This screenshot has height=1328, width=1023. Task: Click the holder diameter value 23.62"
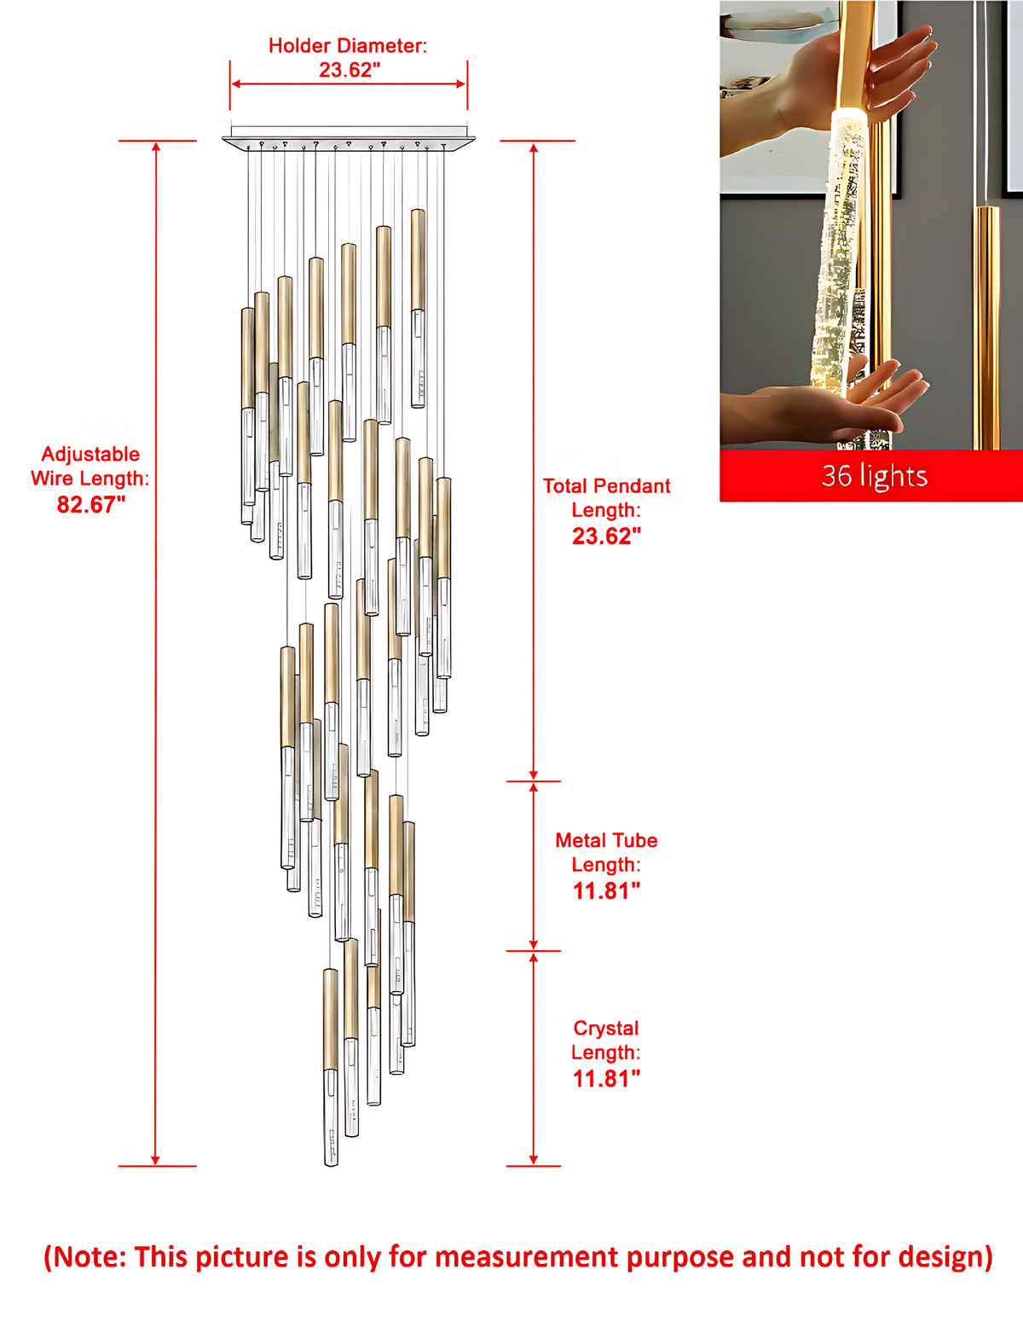350,70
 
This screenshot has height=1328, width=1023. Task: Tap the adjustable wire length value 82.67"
91,504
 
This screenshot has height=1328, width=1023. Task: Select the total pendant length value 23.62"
606,536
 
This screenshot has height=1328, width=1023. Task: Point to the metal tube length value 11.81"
606,891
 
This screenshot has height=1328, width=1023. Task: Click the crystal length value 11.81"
606,1079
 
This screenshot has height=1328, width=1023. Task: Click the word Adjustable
90,454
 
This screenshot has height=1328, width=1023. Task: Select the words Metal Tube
606,840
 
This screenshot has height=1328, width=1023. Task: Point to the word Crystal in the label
606,1029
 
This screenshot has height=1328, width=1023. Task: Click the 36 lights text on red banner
874,475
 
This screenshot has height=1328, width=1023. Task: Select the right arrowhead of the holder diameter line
460,84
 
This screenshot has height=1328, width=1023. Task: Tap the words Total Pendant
606,486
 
